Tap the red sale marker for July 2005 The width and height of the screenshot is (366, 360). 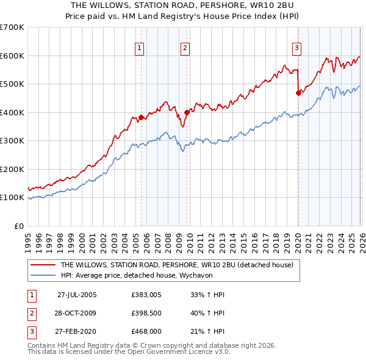click(141, 117)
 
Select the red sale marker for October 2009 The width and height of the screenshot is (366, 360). click(187, 112)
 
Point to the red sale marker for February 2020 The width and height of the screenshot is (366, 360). click(298, 93)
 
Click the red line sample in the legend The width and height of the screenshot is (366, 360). click(43, 265)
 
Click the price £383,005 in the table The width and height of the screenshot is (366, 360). click(145, 295)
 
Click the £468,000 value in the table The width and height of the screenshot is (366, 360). click(145, 331)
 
